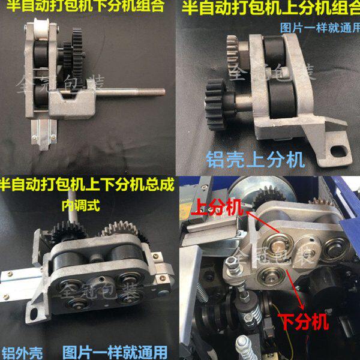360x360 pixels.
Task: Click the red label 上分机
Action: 217,208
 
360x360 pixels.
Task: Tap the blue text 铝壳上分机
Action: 254,159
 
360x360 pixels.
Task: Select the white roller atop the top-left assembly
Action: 40,28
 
